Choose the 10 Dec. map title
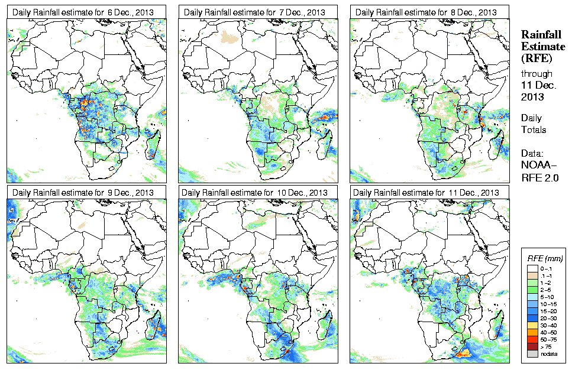pyautogui.click(x=254, y=193)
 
